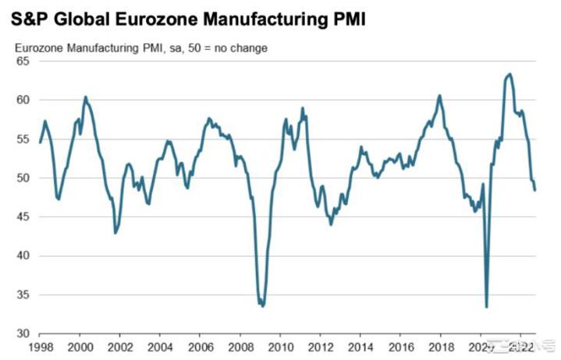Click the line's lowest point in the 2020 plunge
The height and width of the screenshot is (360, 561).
click(x=487, y=307)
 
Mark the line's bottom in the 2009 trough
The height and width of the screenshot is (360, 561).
click(x=262, y=306)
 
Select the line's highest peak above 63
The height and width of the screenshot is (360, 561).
click(x=510, y=74)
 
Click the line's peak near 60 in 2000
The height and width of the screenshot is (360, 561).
click(x=85, y=97)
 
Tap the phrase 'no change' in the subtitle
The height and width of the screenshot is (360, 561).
click(x=244, y=48)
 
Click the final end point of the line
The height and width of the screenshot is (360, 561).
click(x=535, y=190)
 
